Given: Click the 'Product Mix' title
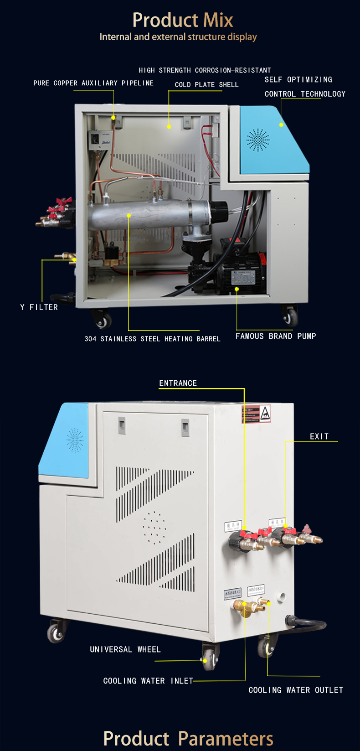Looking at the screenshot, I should click(x=182, y=20).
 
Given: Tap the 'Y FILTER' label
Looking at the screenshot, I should click(x=39, y=307).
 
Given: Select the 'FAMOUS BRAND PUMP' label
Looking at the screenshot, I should click(x=275, y=336).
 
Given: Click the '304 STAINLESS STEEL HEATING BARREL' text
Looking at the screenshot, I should click(x=152, y=339).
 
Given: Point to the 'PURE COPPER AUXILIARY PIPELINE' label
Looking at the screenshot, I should click(x=93, y=83).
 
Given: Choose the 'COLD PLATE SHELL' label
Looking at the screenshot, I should click(x=206, y=85).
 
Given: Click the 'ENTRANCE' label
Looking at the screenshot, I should click(x=178, y=383).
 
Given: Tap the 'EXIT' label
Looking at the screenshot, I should click(x=319, y=436).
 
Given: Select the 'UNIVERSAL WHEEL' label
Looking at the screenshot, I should click(x=125, y=649).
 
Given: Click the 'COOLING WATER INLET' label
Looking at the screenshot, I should click(x=148, y=681).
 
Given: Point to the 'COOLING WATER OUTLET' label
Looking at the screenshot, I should click(x=295, y=690).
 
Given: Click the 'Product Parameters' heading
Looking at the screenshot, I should click(x=188, y=739).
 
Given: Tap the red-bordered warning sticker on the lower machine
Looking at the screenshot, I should click(x=256, y=414).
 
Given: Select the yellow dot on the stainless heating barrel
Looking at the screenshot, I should click(x=129, y=215).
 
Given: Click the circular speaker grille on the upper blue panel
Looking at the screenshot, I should click(x=258, y=140).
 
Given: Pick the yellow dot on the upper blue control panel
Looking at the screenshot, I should click(x=281, y=124).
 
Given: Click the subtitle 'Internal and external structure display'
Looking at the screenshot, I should click(x=178, y=37).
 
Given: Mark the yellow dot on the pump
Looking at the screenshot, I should click(x=237, y=289).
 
